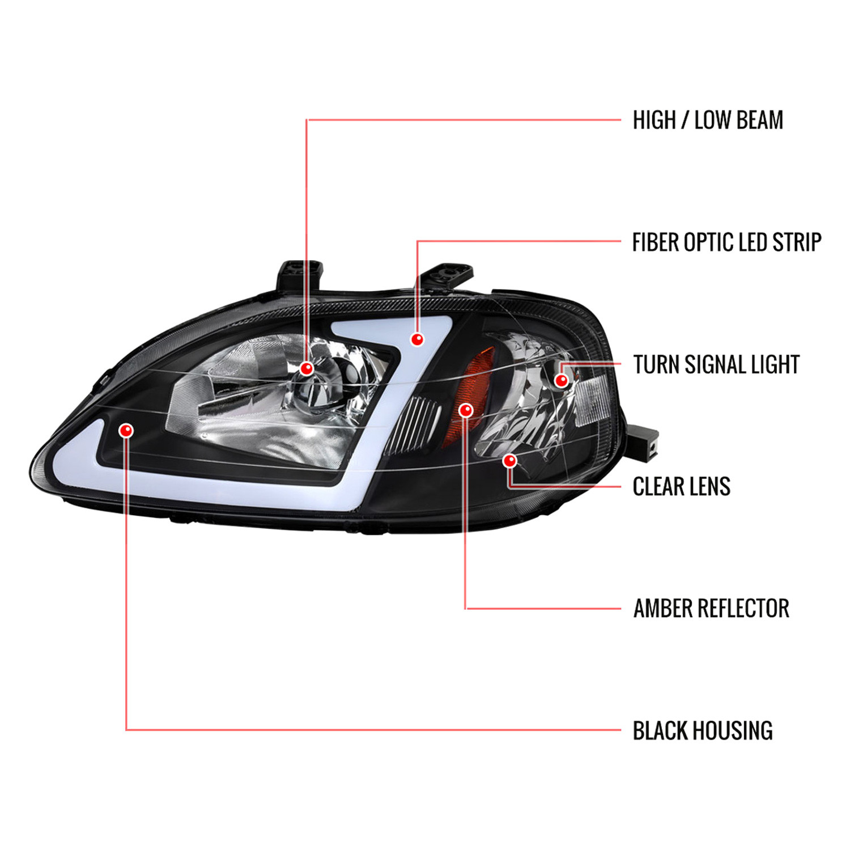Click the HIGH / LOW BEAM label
(x=708, y=120)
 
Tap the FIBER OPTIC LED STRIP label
(x=726, y=242)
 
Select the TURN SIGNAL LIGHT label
(x=716, y=364)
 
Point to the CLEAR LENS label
(x=681, y=486)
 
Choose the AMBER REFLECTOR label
(x=711, y=609)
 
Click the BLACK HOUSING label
(x=703, y=730)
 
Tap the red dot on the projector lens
(x=307, y=369)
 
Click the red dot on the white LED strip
(x=417, y=339)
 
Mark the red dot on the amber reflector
(x=466, y=410)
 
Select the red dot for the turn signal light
(x=561, y=380)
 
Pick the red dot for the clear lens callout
(x=510, y=461)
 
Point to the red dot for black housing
(x=126, y=430)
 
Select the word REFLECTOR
(x=742, y=609)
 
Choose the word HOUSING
(x=733, y=730)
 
